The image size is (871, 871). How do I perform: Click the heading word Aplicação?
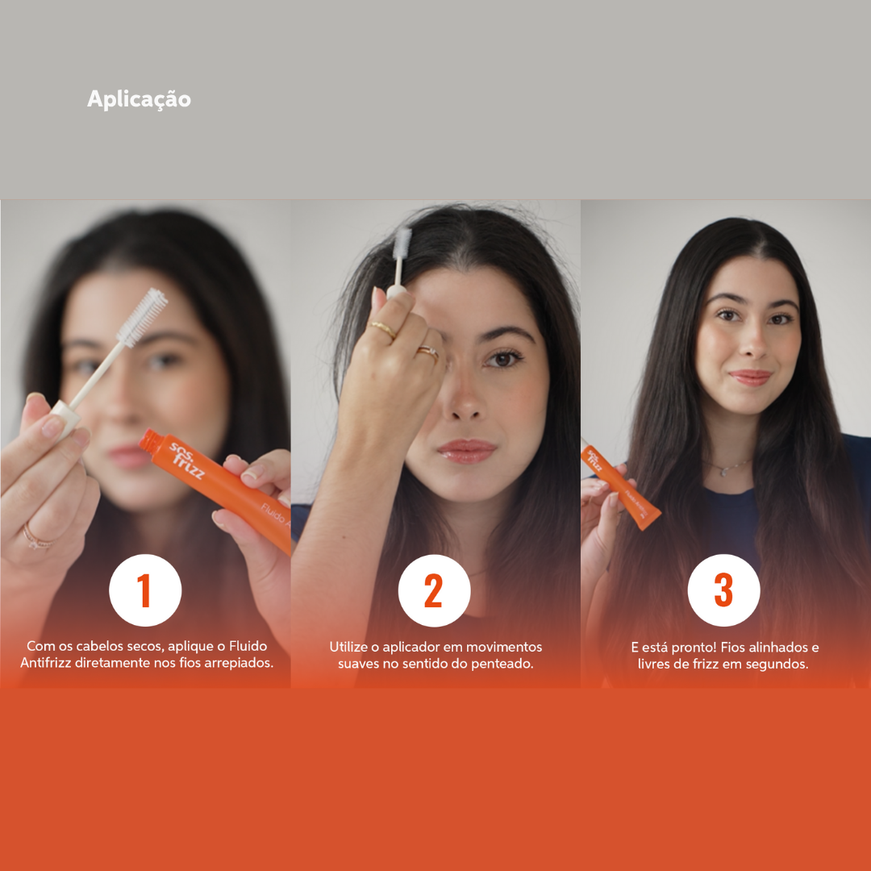pyautogui.click(x=139, y=99)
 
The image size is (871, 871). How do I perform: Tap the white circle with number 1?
pyautogui.click(x=145, y=590)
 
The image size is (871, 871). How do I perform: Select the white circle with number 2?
pyautogui.click(x=434, y=590)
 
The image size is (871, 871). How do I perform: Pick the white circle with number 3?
pyautogui.click(x=723, y=590)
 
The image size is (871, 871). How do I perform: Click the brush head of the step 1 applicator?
pyautogui.click(x=143, y=317)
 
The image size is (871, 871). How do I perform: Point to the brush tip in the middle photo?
pyautogui.click(x=402, y=245)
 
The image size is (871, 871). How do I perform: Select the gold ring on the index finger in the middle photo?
pyautogui.click(x=383, y=328)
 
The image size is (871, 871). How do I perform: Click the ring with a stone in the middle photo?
pyautogui.click(x=428, y=352)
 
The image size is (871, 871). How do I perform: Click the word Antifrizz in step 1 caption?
pyautogui.click(x=48, y=664)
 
